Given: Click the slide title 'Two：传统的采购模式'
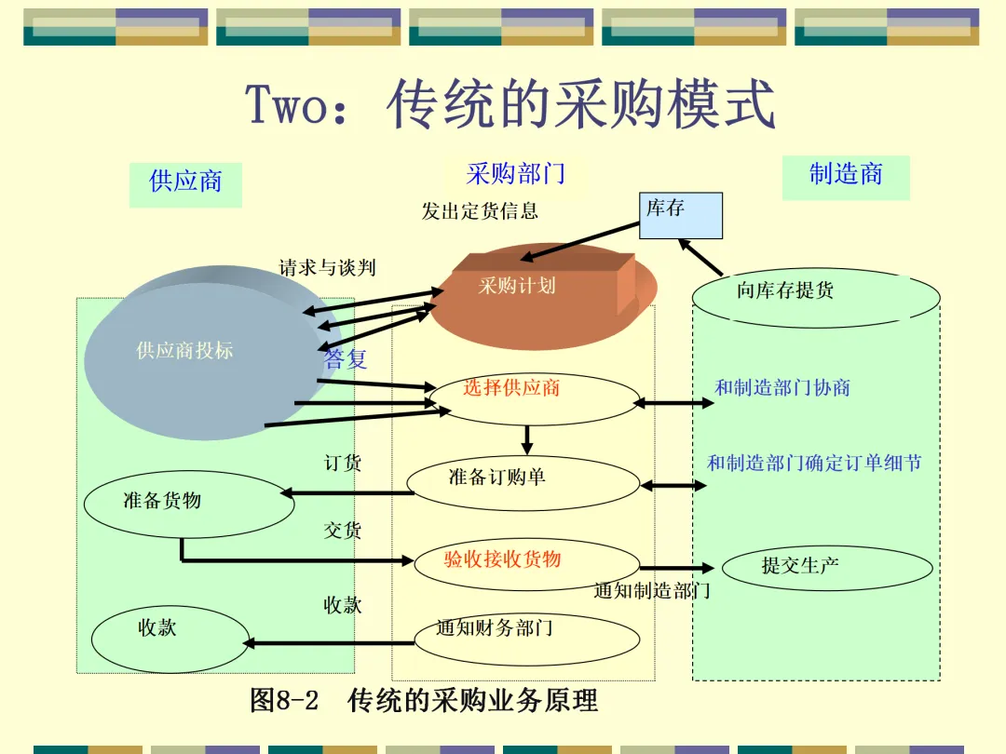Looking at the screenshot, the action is pyautogui.click(x=510, y=104).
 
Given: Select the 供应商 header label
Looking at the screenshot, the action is pyautogui.click(x=185, y=182).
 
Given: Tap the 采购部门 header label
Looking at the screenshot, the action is pyautogui.click(x=515, y=173).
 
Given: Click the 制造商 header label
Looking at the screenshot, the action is pyautogui.click(x=846, y=174).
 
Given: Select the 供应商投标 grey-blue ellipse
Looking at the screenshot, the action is pyautogui.click(x=185, y=351).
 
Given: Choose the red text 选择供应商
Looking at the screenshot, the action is pyautogui.click(x=511, y=388).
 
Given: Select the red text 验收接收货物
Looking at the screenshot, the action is pyautogui.click(x=503, y=559).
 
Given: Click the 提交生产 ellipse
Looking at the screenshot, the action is pyautogui.click(x=827, y=567).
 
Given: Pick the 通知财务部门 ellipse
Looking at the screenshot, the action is pyautogui.click(x=526, y=638).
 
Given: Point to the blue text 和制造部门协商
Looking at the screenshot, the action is pyautogui.click(x=782, y=388).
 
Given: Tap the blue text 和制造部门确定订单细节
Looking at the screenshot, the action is pyautogui.click(x=814, y=463).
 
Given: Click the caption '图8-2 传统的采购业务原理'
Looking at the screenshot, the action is pyautogui.click(x=424, y=700).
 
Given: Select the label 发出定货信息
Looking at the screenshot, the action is pyautogui.click(x=480, y=211).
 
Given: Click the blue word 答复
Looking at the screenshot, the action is pyautogui.click(x=347, y=359).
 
